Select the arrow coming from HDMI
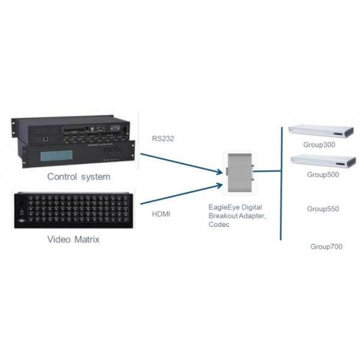pyautogui.click(x=180, y=196)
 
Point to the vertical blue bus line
pyautogui.click(x=280, y=180)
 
